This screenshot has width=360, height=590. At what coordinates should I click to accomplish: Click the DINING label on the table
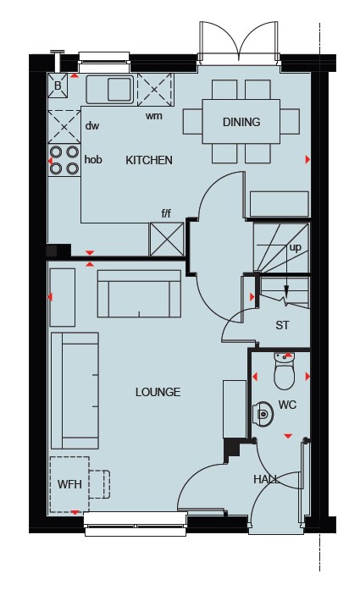[x=241, y=122]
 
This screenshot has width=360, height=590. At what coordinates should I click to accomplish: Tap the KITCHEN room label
[x=149, y=160]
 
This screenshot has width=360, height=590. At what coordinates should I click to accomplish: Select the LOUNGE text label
[x=158, y=392]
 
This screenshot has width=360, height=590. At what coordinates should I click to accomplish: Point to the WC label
[x=287, y=405]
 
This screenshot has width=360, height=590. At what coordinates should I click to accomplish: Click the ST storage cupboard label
[x=282, y=325]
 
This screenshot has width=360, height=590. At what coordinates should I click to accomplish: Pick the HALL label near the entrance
[x=267, y=479]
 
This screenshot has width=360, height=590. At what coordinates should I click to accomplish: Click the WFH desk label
[x=69, y=484]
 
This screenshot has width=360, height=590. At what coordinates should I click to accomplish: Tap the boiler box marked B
[x=58, y=85]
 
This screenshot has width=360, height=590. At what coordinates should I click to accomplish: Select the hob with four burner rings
[x=64, y=160]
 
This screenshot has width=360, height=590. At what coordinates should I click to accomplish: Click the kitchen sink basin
[x=119, y=89]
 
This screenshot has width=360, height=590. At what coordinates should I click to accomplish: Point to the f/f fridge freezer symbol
[x=167, y=240]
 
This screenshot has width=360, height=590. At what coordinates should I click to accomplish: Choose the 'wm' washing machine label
[x=154, y=115]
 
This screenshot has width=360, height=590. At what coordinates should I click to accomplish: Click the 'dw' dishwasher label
[x=91, y=125]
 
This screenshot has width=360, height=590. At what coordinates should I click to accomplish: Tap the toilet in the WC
[x=285, y=371]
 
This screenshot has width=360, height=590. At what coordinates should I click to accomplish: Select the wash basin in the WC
[x=263, y=414]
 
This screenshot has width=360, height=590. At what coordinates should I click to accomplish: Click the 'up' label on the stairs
[x=296, y=247]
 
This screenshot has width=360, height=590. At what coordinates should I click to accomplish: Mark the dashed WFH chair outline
[x=99, y=484]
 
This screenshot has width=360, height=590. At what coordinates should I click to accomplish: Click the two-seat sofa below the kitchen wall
[x=139, y=294]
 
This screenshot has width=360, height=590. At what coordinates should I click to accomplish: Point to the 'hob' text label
[x=93, y=159]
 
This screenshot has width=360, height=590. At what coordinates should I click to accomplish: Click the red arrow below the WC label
[x=288, y=436]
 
